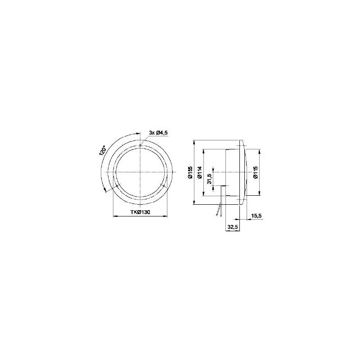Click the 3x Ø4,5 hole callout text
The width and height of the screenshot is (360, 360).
coord(158,133)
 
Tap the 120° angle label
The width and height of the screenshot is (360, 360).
coord(103,151)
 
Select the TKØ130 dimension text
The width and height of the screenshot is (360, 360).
coord(140,212)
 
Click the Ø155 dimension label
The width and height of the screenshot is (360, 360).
coord(190,172)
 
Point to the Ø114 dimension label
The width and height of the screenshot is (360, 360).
coord(199,172)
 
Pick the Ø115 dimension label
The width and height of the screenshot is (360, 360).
coord(256,172)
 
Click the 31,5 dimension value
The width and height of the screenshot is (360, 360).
coord(209,179)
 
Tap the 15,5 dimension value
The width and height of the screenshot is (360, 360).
coord(256,216)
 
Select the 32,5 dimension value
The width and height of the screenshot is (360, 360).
coord(233,227)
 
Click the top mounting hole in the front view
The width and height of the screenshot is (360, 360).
coord(140,145)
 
